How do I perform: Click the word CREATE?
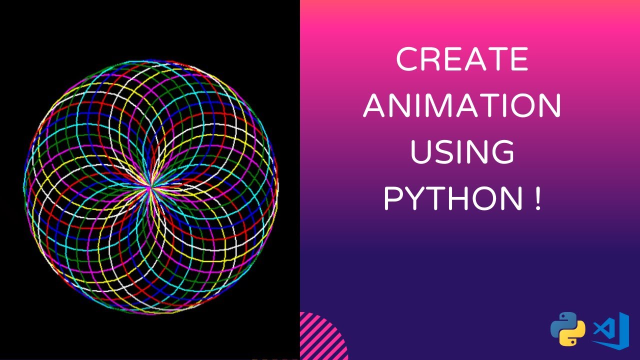tap(462, 60)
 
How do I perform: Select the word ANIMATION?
tap(462, 106)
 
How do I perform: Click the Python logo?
tap(567, 329)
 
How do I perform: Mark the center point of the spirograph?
tap(150, 187)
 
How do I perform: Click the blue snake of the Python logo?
tap(562, 322)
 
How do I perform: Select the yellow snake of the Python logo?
tap(573, 336)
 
